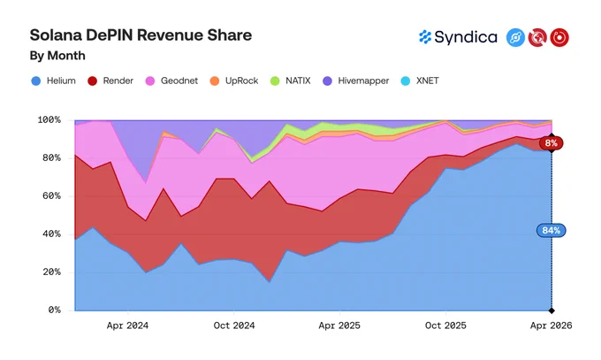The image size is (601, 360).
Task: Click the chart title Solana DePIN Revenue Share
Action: [x=141, y=34]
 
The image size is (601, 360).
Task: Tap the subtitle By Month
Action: [x=57, y=56]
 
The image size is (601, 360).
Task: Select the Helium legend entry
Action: [x=53, y=80]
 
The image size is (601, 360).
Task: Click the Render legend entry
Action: [x=110, y=80]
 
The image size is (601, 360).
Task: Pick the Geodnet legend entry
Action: [x=171, y=80]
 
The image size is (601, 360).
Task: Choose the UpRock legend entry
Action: [x=234, y=80]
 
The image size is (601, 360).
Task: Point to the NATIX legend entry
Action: [x=291, y=80]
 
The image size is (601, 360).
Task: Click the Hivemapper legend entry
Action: [x=355, y=80]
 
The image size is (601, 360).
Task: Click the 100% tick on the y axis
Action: [x=49, y=119]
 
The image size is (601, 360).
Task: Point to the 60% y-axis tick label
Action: [x=51, y=195]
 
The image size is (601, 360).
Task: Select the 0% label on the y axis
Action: [x=55, y=310]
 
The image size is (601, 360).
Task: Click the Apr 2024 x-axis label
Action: [x=127, y=326]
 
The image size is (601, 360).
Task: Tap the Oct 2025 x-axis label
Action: [x=445, y=326]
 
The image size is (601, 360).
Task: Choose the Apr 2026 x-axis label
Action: [x=552, y=326]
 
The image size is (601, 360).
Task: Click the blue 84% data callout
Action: [x=552, y=230]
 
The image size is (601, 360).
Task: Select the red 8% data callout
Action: [x=552, y=143]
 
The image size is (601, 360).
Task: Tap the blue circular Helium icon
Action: [x=515, y=38]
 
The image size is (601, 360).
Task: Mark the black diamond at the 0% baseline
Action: [x=552, y=310]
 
